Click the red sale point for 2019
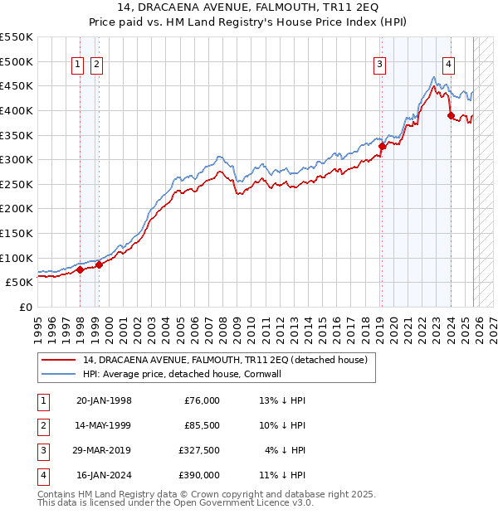point(382,147)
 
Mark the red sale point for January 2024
point(451,116)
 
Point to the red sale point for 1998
point(81,269)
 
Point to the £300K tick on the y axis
point(17,159)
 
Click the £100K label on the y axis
point(17,258)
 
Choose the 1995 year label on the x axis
point(38,323)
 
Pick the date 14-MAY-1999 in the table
point(104,425)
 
